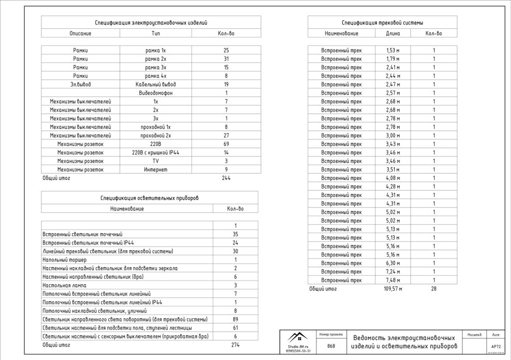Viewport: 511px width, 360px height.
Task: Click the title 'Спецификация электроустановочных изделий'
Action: coord(151,23)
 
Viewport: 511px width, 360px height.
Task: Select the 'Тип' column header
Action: coord(156,34)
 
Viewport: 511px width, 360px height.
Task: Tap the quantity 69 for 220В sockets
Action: coord(226,144)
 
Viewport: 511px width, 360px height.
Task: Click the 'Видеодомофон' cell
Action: coord(156,93)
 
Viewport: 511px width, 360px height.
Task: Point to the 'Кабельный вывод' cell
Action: coord(156,84)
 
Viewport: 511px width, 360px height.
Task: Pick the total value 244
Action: coord(226,178)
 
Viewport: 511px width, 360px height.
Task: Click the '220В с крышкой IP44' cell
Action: coord(156,152)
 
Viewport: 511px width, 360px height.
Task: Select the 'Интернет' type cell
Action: coord(156,169)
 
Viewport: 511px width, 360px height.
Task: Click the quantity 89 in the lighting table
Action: coord(235,319)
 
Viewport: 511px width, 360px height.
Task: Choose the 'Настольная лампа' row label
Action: coord(65,285)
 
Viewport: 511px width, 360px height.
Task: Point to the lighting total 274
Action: coord(235,345)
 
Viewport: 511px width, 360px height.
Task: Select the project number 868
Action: coord(331,346)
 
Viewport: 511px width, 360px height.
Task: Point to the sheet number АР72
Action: coord(496,347)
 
